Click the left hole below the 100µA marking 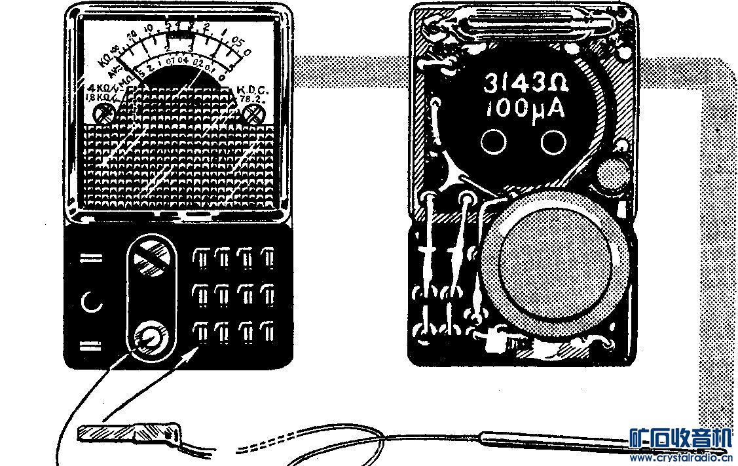point(494,140)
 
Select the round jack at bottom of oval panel point(151,338)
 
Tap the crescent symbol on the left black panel point(92,302)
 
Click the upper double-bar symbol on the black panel point(91,258)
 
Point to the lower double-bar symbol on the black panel point(91,345)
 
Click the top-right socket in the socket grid point(267,259)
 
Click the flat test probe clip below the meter point(127,433)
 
